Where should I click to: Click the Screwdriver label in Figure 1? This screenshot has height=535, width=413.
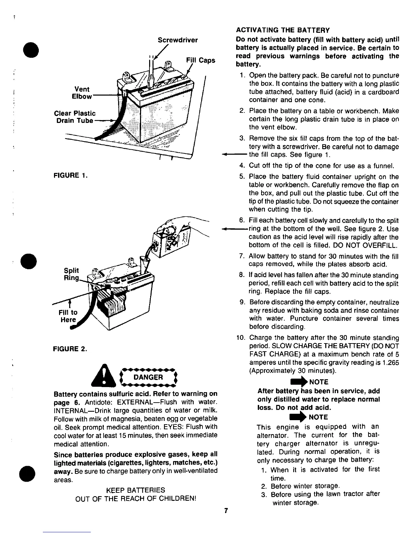[x=177, y=40]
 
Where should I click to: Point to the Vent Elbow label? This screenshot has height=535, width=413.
[x=82, y=93]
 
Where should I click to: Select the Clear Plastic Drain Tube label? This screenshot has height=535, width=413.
[x=75, y=117]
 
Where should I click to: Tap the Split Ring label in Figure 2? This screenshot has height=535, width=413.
[x=71, y=274]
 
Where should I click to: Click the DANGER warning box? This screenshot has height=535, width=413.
[x=148, y=377]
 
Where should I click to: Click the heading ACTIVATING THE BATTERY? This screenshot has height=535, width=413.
[x=282, y=30]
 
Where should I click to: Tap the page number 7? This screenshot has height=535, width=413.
[x=227, y=511]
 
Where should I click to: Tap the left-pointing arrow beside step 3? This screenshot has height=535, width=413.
[x=234, y=155]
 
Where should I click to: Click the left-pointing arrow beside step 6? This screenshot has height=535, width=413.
[x=234, y=229]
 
